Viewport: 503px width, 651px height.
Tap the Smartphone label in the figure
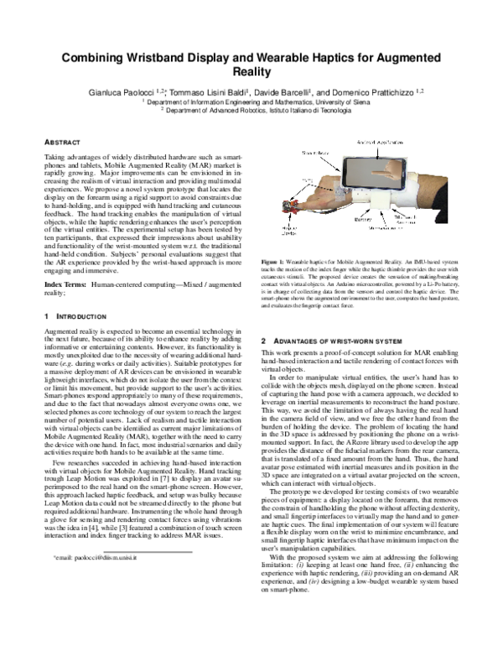coord(315,154)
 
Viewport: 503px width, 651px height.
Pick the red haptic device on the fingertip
coord(297,203)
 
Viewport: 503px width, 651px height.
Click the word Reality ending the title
coord(251,73)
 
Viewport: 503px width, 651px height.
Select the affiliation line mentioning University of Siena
coord(251,101)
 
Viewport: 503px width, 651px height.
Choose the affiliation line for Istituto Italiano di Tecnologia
coord(251,110)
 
